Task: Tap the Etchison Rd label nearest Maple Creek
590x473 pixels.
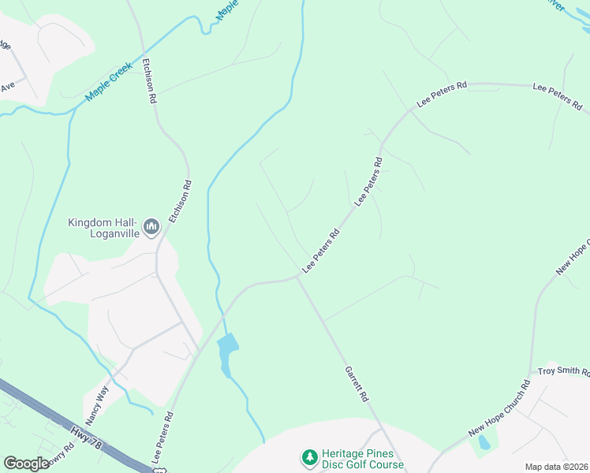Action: tap(150, 81)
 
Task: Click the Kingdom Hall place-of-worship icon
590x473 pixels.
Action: tap(152, 228)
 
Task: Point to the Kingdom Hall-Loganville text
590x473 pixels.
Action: tap(103, 228)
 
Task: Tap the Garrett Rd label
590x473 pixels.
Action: tap(357, 385)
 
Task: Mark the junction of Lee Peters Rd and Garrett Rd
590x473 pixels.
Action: tap(297, 277)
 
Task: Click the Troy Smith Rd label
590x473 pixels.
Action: tap(563, 371)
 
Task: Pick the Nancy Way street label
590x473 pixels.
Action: tap(97, 403)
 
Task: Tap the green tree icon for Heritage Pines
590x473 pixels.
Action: tap(309, 457)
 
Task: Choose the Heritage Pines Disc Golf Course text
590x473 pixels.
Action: tap(363, 459)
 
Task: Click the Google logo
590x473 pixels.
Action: tap(26, 463)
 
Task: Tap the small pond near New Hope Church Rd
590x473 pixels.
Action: tap(484, 442)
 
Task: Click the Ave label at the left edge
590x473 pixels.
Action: tap(8, 87)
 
